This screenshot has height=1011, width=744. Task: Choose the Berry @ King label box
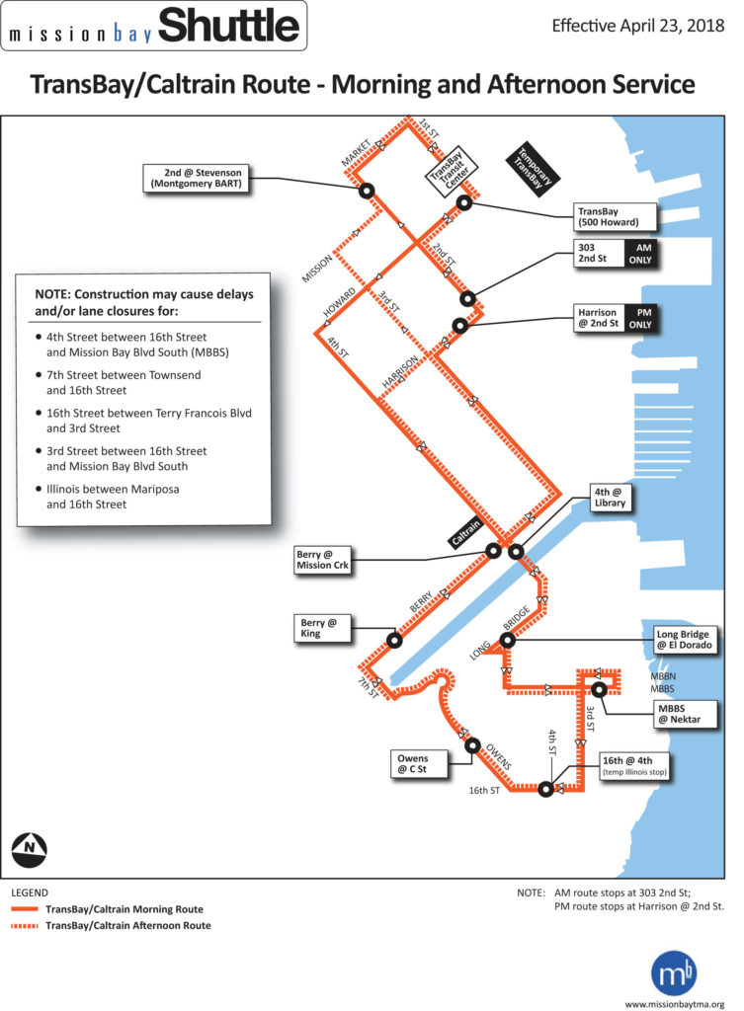[324, 628]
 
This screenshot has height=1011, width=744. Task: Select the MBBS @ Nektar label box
[679, 713]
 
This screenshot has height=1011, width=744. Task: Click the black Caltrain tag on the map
[467, 534]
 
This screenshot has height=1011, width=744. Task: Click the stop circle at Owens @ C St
[472, 746]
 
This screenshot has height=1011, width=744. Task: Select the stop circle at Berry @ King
[393, 640]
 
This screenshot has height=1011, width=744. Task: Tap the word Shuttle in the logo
[227, 26]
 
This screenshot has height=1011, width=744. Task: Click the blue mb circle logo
[674, 973]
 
